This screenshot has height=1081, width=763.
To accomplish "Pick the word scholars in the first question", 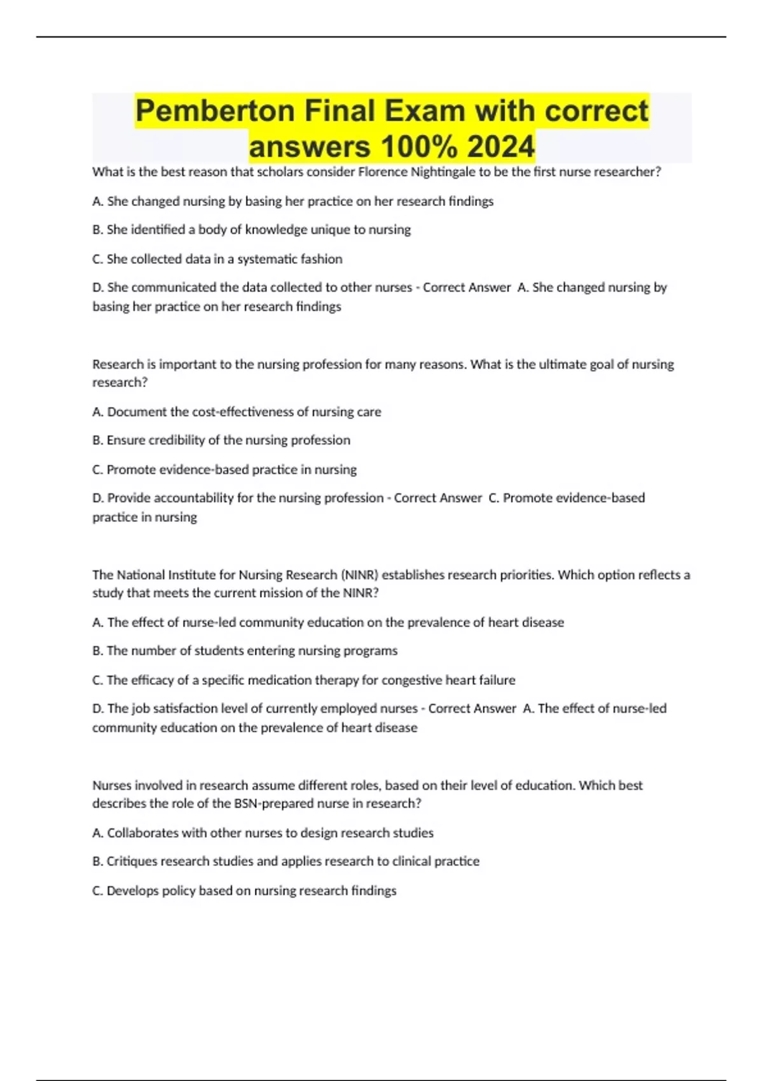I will [x=280, y=172].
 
